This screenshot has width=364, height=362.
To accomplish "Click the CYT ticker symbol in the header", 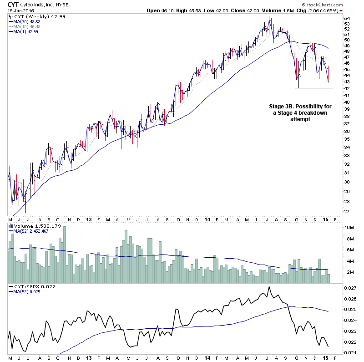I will [14, 4].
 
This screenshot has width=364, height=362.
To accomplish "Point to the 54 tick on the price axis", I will [346, 19].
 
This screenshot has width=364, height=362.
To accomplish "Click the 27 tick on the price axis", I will [346, 211].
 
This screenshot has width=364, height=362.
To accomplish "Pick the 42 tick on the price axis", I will [346, 88].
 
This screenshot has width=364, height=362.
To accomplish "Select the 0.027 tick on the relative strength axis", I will [349, 288].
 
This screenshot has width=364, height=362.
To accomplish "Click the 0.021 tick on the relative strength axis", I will [349, 352].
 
